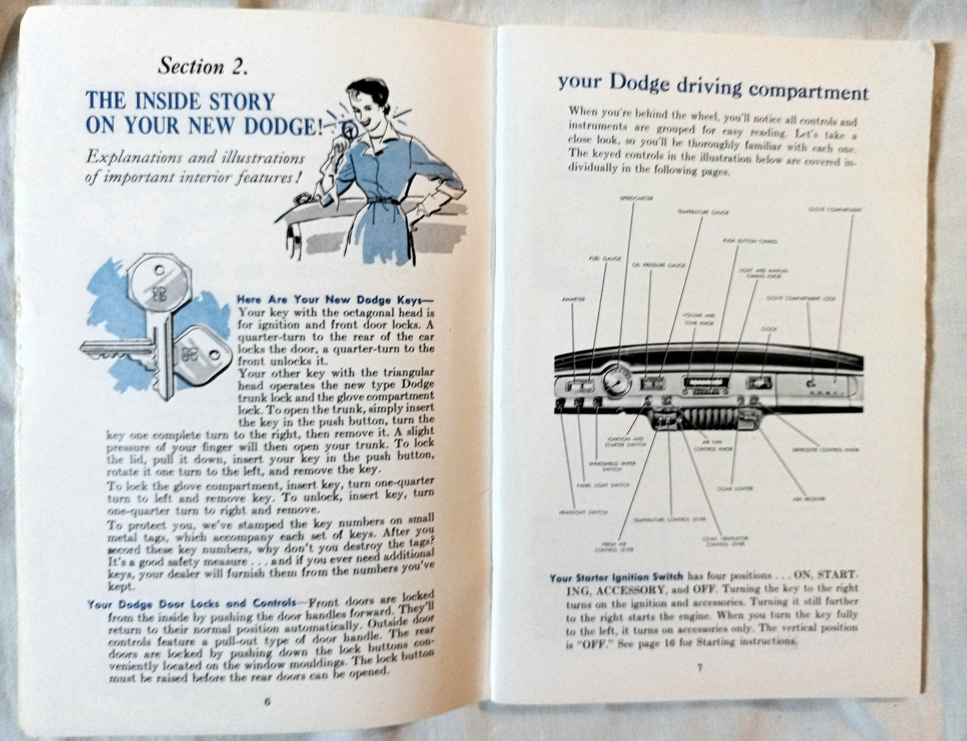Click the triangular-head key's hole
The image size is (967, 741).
[x=214, y=355]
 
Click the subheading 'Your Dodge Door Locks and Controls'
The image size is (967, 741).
[x=192, y=604]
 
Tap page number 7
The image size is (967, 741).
[x=699, y=667]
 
